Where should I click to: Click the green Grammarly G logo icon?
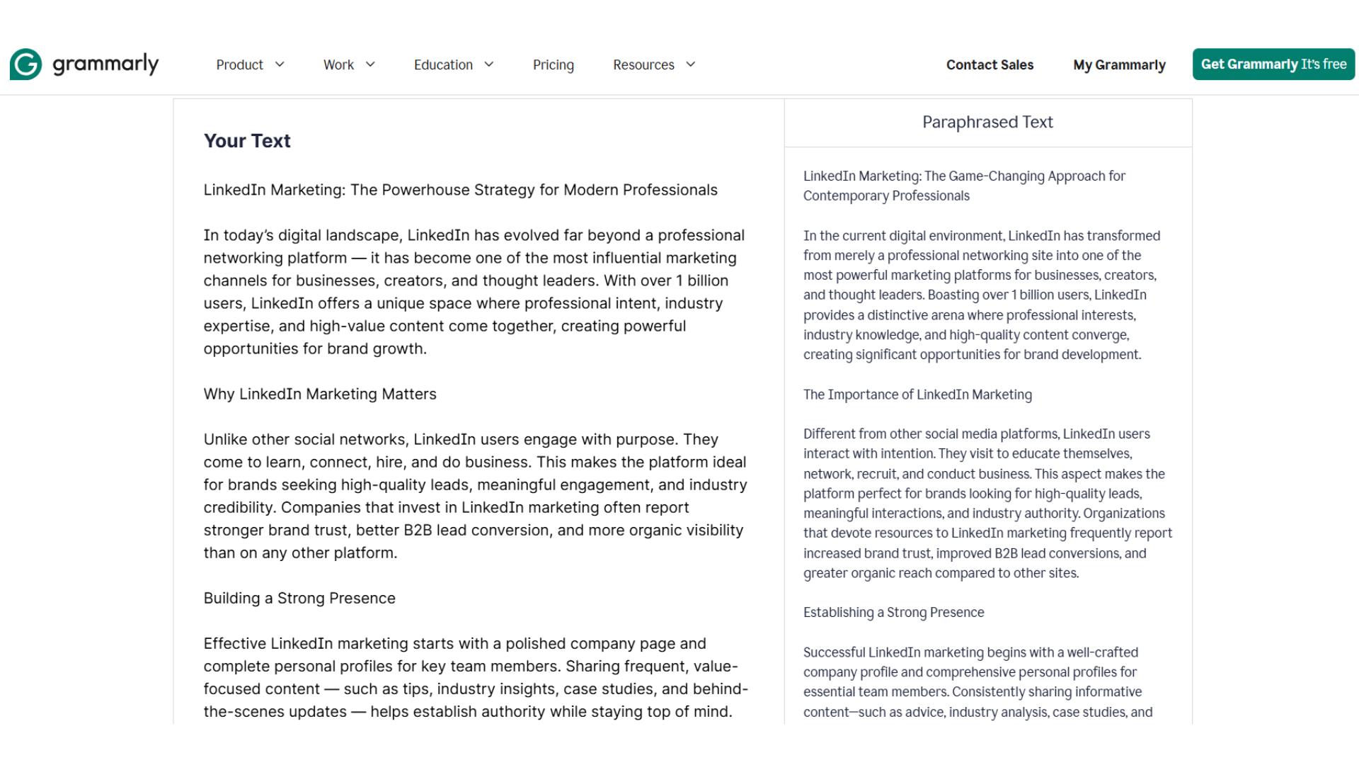click(26, 64)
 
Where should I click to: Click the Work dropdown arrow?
click(370, 64)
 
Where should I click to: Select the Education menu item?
click(443, 65)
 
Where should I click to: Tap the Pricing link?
click(553, 65)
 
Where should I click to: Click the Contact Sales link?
click(990, 65)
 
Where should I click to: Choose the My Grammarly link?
click(1119, 65)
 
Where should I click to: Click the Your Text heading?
click(247, 141)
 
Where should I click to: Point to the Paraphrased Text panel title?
click(987, 123)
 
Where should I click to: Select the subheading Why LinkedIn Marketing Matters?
click(320, 395)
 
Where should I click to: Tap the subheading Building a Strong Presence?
click(299, 599)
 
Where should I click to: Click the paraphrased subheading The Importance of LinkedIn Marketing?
click(917, 395)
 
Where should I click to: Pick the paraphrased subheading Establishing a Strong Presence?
click(893, 613)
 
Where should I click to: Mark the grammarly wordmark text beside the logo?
click(105, 64)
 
